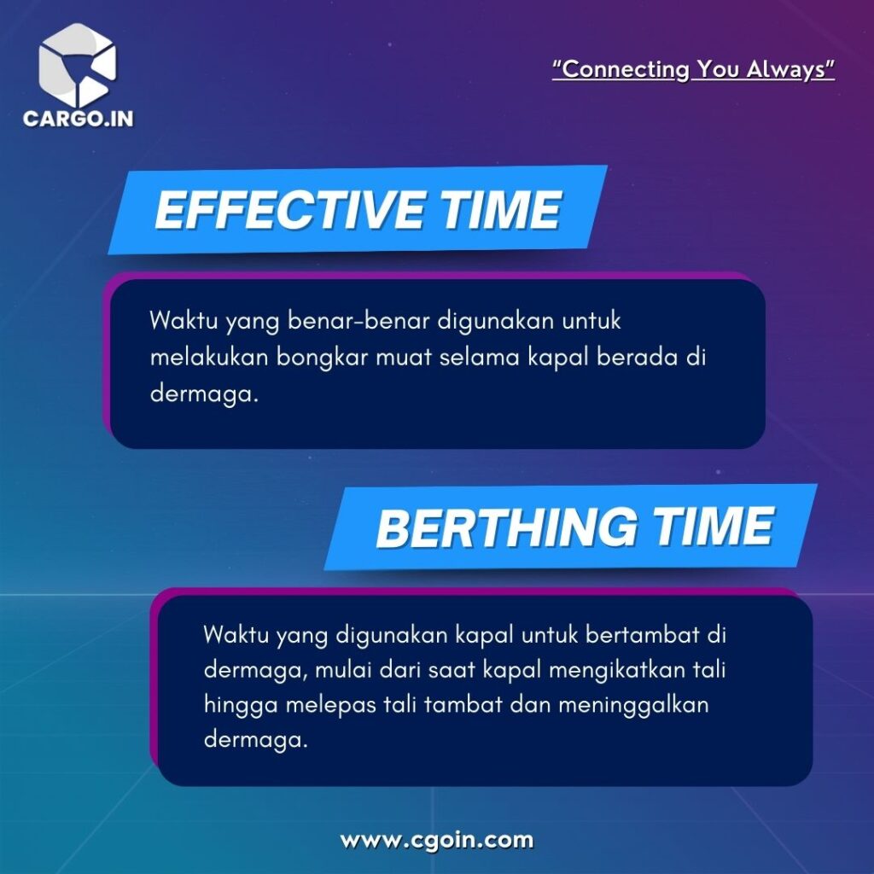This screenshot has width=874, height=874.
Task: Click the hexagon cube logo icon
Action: click(78, 65)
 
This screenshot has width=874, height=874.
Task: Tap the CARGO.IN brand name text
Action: click(78, 119)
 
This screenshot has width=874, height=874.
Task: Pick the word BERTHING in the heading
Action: click(506, 527)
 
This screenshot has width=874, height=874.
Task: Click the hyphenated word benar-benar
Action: click(359, 321)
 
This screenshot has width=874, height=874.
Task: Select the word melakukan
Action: click(210, 358)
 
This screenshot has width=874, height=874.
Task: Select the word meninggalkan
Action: click(633, 706)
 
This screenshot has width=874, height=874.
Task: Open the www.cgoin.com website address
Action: click(437, 840)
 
